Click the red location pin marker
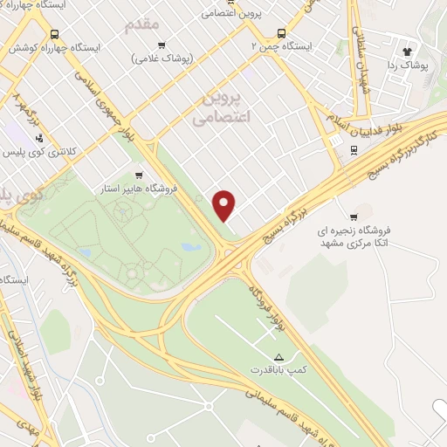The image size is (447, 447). coord(225,206)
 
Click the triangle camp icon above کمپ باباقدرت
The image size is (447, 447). coord(279,358)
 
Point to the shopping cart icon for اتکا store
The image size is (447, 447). coord(354,217)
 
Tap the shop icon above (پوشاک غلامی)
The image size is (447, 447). coord(161,45)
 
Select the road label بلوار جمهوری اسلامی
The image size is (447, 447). coord(133,114)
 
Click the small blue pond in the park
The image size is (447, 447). coord(190,247)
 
